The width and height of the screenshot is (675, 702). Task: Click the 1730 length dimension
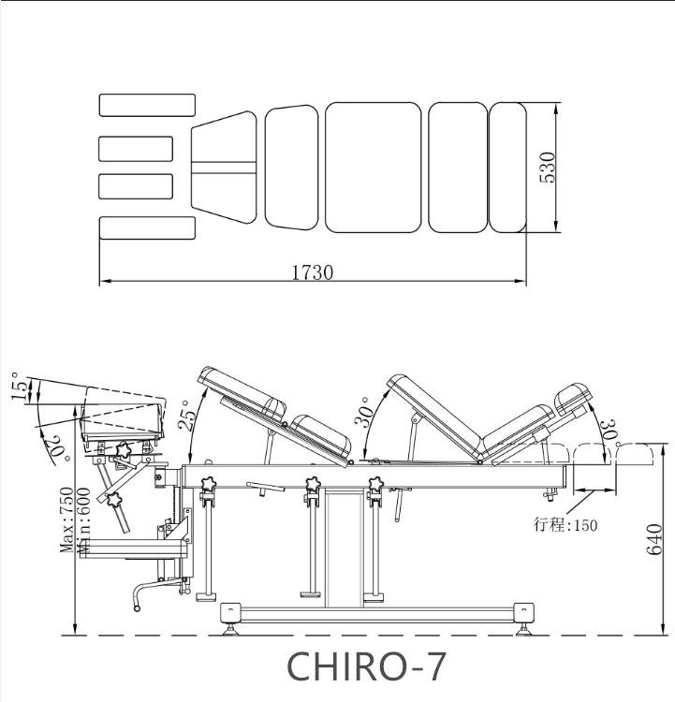point(313,272)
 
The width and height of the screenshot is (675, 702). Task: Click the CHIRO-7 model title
point(365,665)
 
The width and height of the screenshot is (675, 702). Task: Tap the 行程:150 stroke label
point(565,525)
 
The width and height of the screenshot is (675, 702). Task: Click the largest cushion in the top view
point(374,167)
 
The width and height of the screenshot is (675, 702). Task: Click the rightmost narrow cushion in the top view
point(507,167)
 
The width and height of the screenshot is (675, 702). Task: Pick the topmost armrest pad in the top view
point(147,105)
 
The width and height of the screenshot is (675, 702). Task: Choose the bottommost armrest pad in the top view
point(147,227)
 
